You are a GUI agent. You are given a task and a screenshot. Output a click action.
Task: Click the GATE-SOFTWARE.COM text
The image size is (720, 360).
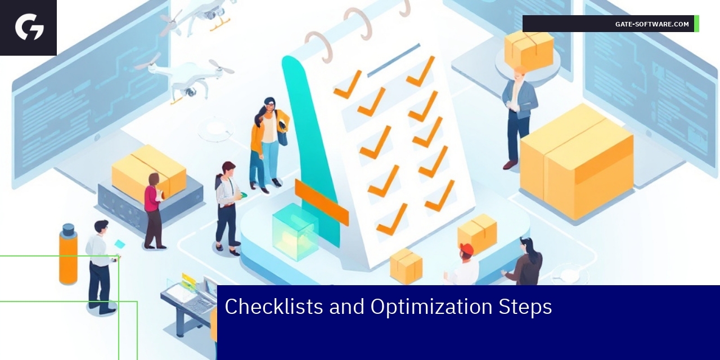pyautogui.click(x=652, y=24)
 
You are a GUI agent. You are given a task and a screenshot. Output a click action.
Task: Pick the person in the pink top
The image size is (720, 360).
pyautogui.click(x=153, y=210)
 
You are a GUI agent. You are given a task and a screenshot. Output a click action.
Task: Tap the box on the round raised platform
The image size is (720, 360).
pyautogui.click(x=529, y=49)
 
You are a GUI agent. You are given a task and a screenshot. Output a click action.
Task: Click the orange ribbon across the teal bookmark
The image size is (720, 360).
pyautogui.click(x=321, y=201)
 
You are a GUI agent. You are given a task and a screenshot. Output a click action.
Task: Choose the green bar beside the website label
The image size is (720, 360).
pyautogui.click(x=696, y=24)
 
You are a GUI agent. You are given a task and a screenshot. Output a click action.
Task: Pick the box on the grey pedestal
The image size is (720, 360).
pyautogui.click(x=148, y=172)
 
